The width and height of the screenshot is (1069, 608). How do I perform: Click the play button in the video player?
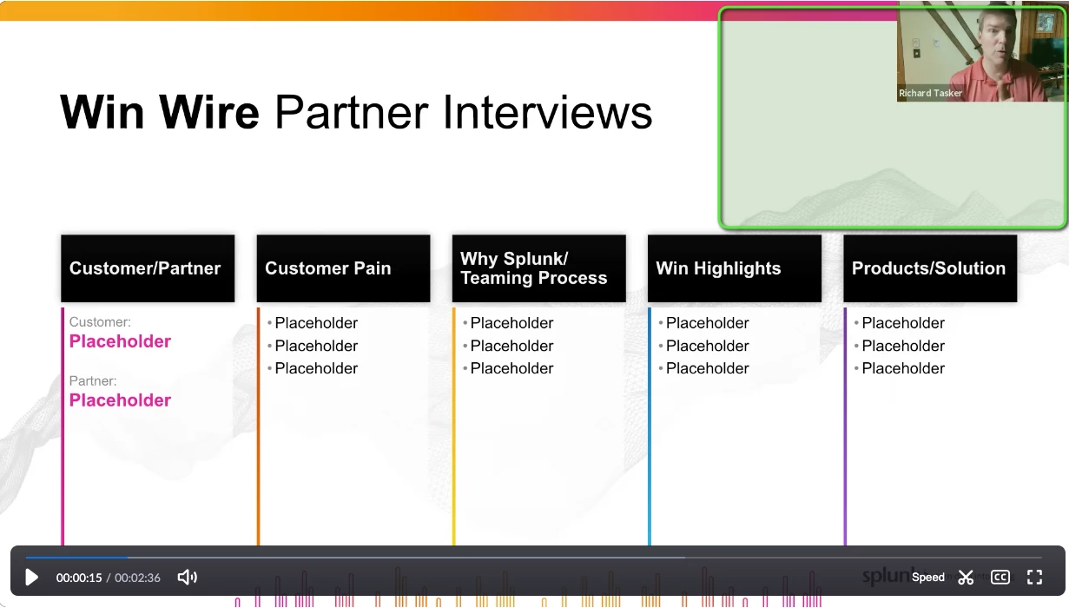(x=31, y=578)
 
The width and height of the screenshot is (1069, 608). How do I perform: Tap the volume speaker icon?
(x=187, y=578)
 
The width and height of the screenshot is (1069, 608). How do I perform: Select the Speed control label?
(x=927, y=578)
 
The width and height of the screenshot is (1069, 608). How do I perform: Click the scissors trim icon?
(x=966, y=578)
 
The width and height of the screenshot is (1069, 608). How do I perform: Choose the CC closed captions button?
(x=1000, y=578)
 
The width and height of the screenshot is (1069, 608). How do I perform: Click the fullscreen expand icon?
(x=1034, y=578)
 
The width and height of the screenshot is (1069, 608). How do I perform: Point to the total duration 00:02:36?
(x=137, y=578)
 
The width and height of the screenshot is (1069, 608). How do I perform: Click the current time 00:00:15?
(x=79, y=578)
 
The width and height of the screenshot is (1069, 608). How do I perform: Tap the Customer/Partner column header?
(x=148, y=268)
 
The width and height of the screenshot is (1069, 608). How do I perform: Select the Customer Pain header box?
(x=344, y=268)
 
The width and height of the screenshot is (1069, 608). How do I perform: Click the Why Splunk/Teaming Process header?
(x=539, y=268)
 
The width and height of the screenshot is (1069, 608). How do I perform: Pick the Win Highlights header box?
(x=735, y=268)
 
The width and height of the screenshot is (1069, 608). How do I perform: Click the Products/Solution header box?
(x=930, y=268)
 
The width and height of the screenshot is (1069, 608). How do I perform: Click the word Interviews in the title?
(x=547, y=113)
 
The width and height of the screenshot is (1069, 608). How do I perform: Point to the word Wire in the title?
(x=209, y=113)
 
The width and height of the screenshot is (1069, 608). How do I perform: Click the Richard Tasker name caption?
(x=930, y=93)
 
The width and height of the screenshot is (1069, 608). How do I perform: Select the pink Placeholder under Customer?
(x=120, y=341)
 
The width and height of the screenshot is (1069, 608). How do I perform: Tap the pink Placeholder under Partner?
(x=120, y=400)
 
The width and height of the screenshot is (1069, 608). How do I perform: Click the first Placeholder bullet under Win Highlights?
(x=707, y=323)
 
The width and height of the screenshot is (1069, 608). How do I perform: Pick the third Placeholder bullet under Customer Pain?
(x=316, y=368)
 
